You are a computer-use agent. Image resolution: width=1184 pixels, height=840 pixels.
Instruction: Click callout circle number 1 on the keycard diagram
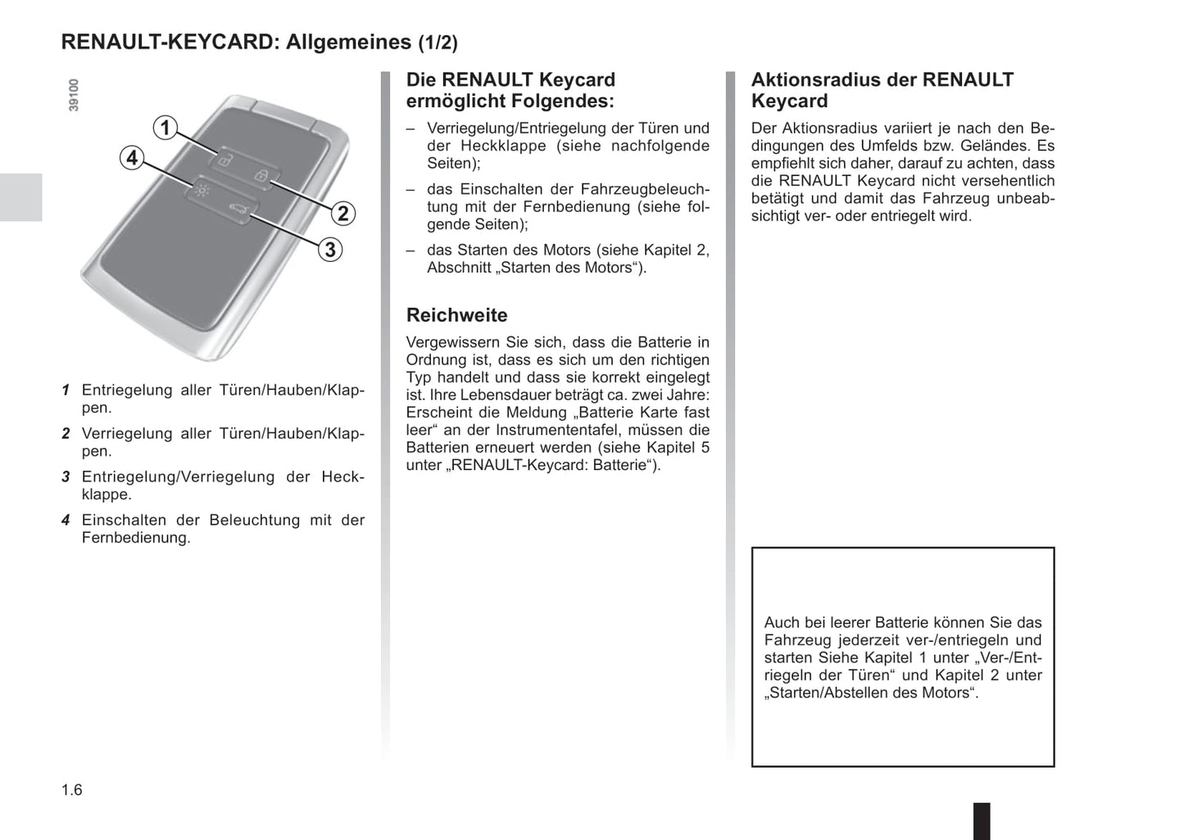(x=166, y=128)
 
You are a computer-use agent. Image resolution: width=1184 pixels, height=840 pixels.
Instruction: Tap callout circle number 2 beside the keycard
(x=343, y=214)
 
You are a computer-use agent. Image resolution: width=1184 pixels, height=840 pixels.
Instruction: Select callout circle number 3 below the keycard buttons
(x=330, y=250)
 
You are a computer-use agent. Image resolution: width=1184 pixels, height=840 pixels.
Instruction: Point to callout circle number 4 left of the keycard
(x=132, y=157)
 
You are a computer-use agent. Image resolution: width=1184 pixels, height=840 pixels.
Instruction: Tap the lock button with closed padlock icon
(x=261, y=175)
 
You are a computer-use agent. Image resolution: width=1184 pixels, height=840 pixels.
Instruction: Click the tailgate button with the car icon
(x=238, y=209)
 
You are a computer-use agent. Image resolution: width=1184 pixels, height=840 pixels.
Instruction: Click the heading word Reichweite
(x=456, y=315)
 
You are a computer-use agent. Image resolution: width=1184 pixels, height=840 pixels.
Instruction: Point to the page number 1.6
(x=72, y=789)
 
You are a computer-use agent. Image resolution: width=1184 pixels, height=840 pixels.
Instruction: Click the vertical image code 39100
(x=74, y=95)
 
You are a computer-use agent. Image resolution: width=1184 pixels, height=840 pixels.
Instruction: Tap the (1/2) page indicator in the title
(x=438, y=43)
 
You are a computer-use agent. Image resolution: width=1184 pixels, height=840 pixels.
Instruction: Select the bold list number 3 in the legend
(x=66, y=476)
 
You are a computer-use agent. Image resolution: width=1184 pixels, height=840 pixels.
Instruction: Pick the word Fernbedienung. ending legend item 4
(x=136, y=538)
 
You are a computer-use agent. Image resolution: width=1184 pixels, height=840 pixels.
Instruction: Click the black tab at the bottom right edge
(x=981, y=820)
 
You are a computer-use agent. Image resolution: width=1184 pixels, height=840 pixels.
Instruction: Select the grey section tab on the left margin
(x=20, y=197)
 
